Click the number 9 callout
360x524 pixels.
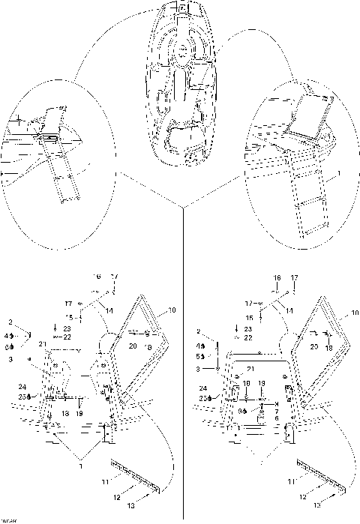click(241, 411)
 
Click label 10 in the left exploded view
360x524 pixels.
click(172, 309)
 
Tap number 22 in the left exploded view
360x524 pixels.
click(67, 337)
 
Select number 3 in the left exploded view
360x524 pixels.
click(10, 359)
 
